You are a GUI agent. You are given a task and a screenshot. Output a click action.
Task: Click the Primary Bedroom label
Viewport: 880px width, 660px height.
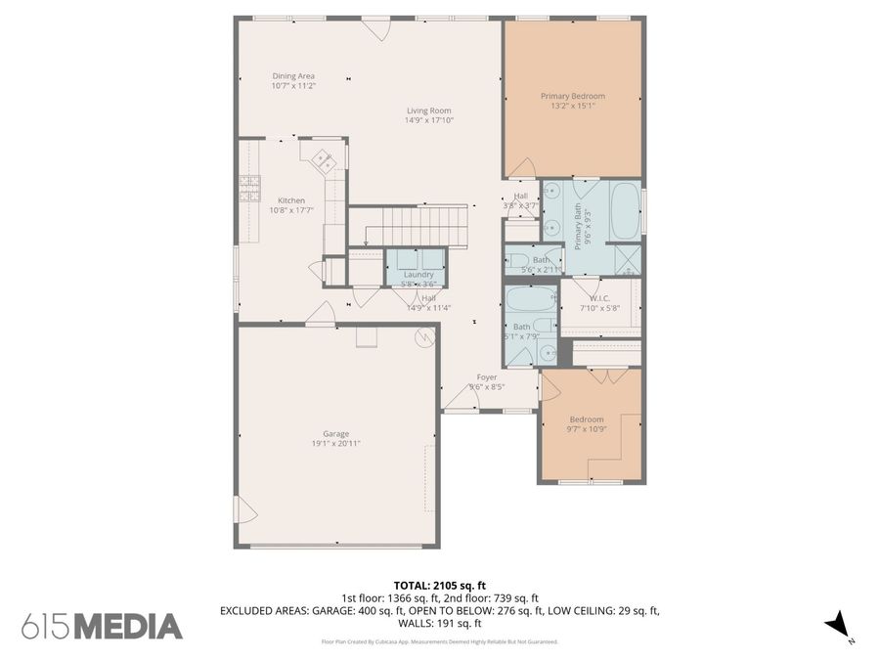[573, 96]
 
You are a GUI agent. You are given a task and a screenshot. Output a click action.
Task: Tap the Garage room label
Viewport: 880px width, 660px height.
[335, 434]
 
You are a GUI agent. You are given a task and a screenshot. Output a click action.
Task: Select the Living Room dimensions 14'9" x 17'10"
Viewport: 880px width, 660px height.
[429, 120]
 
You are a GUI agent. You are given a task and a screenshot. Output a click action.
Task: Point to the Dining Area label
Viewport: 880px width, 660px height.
[293, 76]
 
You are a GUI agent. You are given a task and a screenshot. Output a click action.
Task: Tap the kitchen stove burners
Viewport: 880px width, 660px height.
[249, 188]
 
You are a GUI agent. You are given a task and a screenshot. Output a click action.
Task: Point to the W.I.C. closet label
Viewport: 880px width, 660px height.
[600, 297]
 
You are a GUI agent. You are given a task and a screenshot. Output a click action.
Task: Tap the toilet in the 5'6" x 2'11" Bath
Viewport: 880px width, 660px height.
[515, 260]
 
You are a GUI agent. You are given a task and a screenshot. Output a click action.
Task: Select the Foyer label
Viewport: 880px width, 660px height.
[487, 376]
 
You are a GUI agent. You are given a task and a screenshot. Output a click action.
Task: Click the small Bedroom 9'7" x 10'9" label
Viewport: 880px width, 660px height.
[587, 419]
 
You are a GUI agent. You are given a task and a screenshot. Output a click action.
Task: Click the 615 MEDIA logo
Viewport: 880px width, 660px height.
[102, 626]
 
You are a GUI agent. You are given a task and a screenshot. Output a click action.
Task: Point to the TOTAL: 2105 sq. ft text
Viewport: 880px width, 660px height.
[440, 584]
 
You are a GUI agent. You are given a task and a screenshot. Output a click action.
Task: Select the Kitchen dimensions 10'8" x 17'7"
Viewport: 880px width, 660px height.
[291, 209]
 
